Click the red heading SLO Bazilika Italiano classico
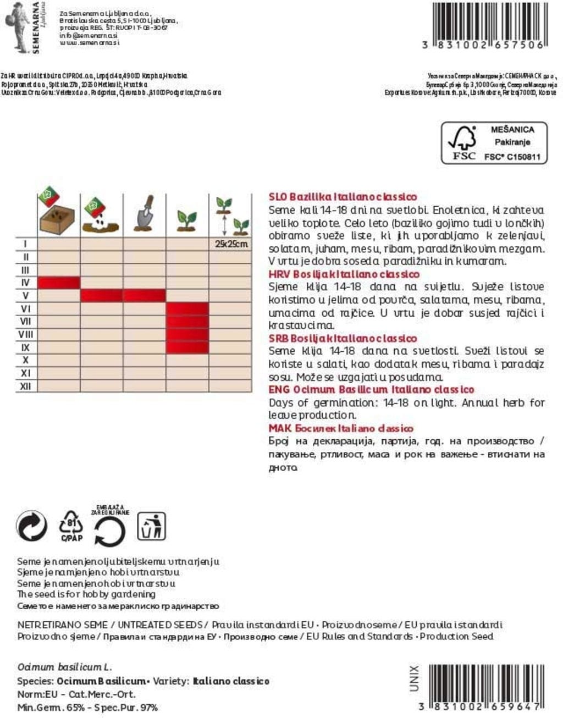(x=343, y=197)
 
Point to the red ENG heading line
(x=371, y=390)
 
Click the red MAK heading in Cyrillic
(x=341, y=428)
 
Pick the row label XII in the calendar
(x=26, y=386)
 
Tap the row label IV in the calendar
(x=26, y=283)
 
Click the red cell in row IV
(x=59, y=283)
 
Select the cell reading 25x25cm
(x=231, y=244)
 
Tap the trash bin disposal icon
(x=151, y=526)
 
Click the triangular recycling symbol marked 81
(x=71, y=526)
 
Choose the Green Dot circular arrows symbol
(x=32, y=527)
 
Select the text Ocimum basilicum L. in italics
(x=64, y=667)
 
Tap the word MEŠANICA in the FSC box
(x=512, y=130)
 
